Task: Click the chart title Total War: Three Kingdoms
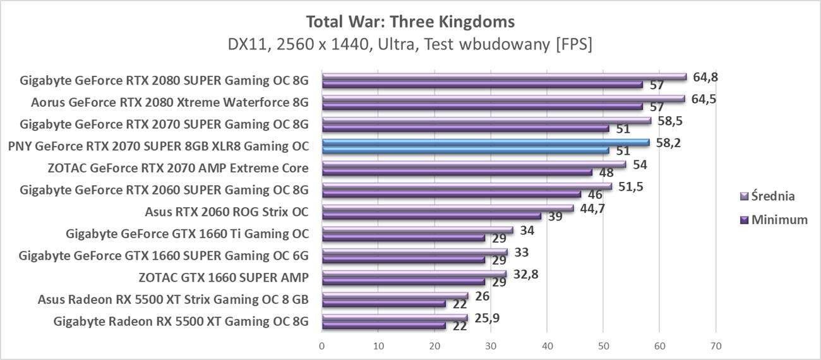[410, 22]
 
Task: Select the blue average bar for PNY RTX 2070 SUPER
[485, 142]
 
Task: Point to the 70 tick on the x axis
[715, 346]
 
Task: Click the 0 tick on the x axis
[322, 346]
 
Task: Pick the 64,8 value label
[705, 77]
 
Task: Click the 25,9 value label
[486, 318]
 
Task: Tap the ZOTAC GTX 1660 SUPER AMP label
[224, 277]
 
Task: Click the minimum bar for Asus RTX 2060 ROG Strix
[431, 216]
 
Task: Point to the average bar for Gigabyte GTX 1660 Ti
[417, 230]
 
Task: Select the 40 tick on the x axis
[547, 346]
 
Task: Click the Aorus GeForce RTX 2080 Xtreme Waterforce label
[170, 102]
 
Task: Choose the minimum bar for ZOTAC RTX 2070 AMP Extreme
[457, 172]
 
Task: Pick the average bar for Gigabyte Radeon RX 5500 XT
[395, 318]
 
